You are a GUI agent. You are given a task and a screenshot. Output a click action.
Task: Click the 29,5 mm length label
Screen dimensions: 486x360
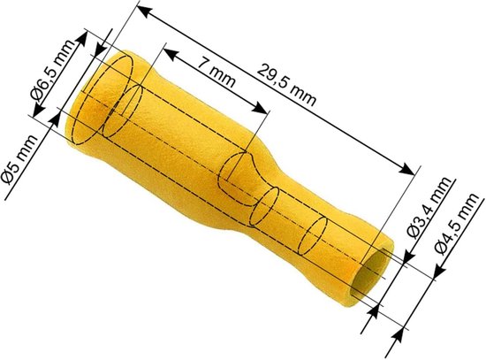pos(286,85)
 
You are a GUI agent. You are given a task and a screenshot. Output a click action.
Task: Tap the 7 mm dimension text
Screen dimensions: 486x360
pos(216,73)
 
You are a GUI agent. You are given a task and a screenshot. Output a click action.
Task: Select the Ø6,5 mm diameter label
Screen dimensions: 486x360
pos(53,72)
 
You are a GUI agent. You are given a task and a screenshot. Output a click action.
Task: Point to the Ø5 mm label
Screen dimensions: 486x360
pos(19,160)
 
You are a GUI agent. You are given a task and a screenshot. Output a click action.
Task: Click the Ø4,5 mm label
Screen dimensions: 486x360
pos(456,224)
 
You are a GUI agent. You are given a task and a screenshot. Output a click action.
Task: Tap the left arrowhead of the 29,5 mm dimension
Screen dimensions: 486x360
pos(144,11)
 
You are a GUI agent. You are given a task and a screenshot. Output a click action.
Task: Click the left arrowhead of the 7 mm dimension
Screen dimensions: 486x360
pos(171,53)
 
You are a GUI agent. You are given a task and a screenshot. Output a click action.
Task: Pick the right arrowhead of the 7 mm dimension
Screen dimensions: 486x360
pos(259,108)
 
